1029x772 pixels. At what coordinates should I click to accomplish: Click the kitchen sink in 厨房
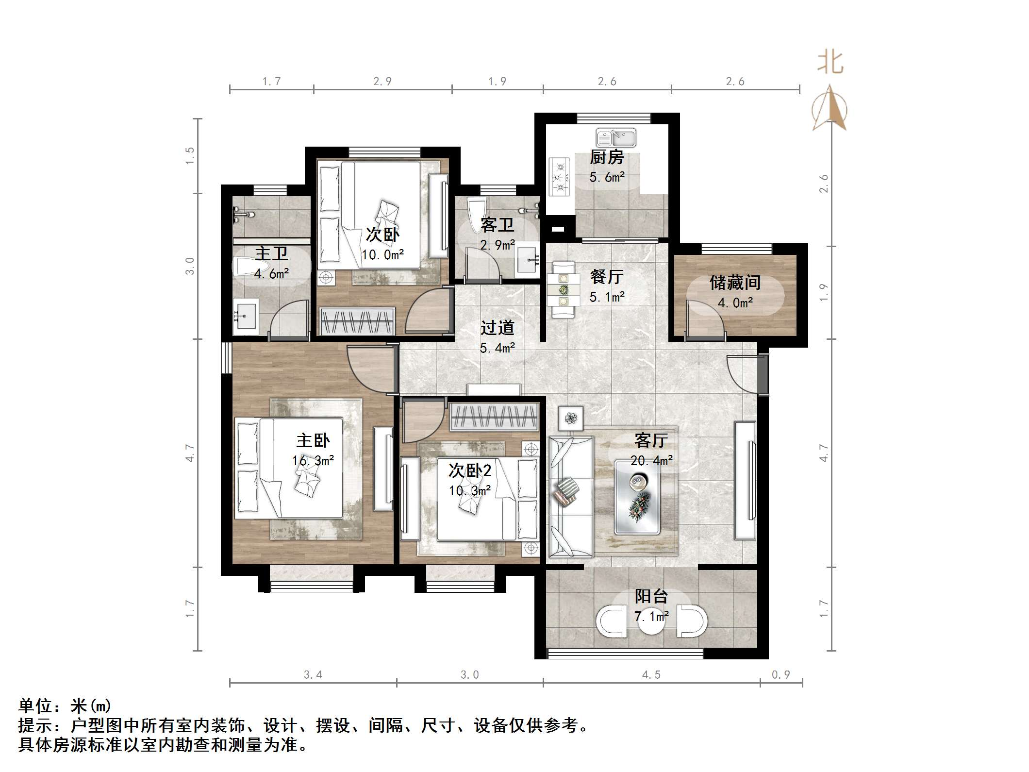616,138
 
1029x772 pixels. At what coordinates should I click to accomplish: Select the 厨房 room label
606,157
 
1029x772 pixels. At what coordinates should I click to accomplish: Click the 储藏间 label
735,283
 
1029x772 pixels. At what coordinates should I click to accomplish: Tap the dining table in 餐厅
563,290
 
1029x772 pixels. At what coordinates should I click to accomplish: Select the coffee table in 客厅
637,497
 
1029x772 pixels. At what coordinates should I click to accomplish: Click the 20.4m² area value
651,460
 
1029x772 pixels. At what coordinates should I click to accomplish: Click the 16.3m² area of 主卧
313,460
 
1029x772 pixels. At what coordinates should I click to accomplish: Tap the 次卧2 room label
469,470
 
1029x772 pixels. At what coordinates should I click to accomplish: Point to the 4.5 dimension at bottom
651,674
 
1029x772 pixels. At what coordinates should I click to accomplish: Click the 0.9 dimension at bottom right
780,674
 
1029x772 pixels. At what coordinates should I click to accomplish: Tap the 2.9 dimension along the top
382,82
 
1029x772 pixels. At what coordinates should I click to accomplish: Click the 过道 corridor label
497,328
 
